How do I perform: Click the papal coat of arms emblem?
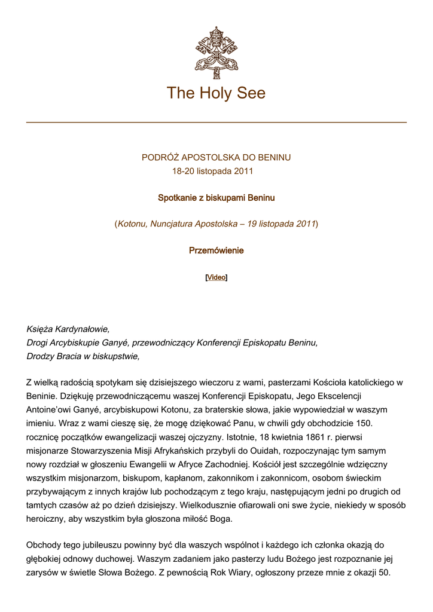click(216, 53)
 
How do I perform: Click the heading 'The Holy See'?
click(216, 93)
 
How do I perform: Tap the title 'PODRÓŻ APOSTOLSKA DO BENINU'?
click(216, 158)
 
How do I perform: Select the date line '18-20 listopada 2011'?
click(213, 171)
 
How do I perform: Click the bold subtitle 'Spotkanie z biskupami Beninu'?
click(216, 197)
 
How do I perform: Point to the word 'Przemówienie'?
click(216, 250)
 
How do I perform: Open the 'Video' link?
click(216, 277)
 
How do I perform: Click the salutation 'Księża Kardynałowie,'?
click(68, 329)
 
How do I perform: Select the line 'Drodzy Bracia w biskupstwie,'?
click(83, 356)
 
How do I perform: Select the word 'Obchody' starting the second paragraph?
click(44, 544)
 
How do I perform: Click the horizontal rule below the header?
click(216, 123)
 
